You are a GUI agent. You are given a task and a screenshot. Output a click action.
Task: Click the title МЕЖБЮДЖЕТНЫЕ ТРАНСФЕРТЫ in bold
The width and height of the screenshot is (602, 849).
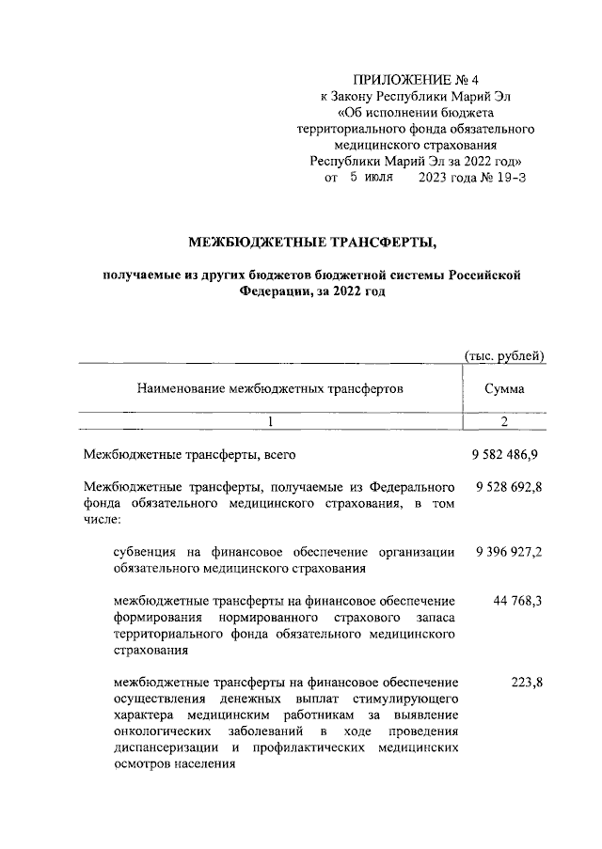point(312,244)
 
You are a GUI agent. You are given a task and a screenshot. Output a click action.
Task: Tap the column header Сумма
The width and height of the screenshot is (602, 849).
point(505,387)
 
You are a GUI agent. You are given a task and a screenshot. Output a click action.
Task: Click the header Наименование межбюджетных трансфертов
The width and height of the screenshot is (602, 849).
point(270,387)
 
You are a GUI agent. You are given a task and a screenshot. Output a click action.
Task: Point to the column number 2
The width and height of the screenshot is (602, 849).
point(504,422)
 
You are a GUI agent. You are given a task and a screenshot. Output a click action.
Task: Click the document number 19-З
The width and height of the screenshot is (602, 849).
point(508,176)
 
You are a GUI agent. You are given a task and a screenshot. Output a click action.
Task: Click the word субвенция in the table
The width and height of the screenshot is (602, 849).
point(144,553)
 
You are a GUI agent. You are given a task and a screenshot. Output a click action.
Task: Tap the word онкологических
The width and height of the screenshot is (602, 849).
point(162,732)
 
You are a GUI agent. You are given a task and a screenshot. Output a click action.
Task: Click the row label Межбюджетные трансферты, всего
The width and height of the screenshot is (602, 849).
point(190,455)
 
